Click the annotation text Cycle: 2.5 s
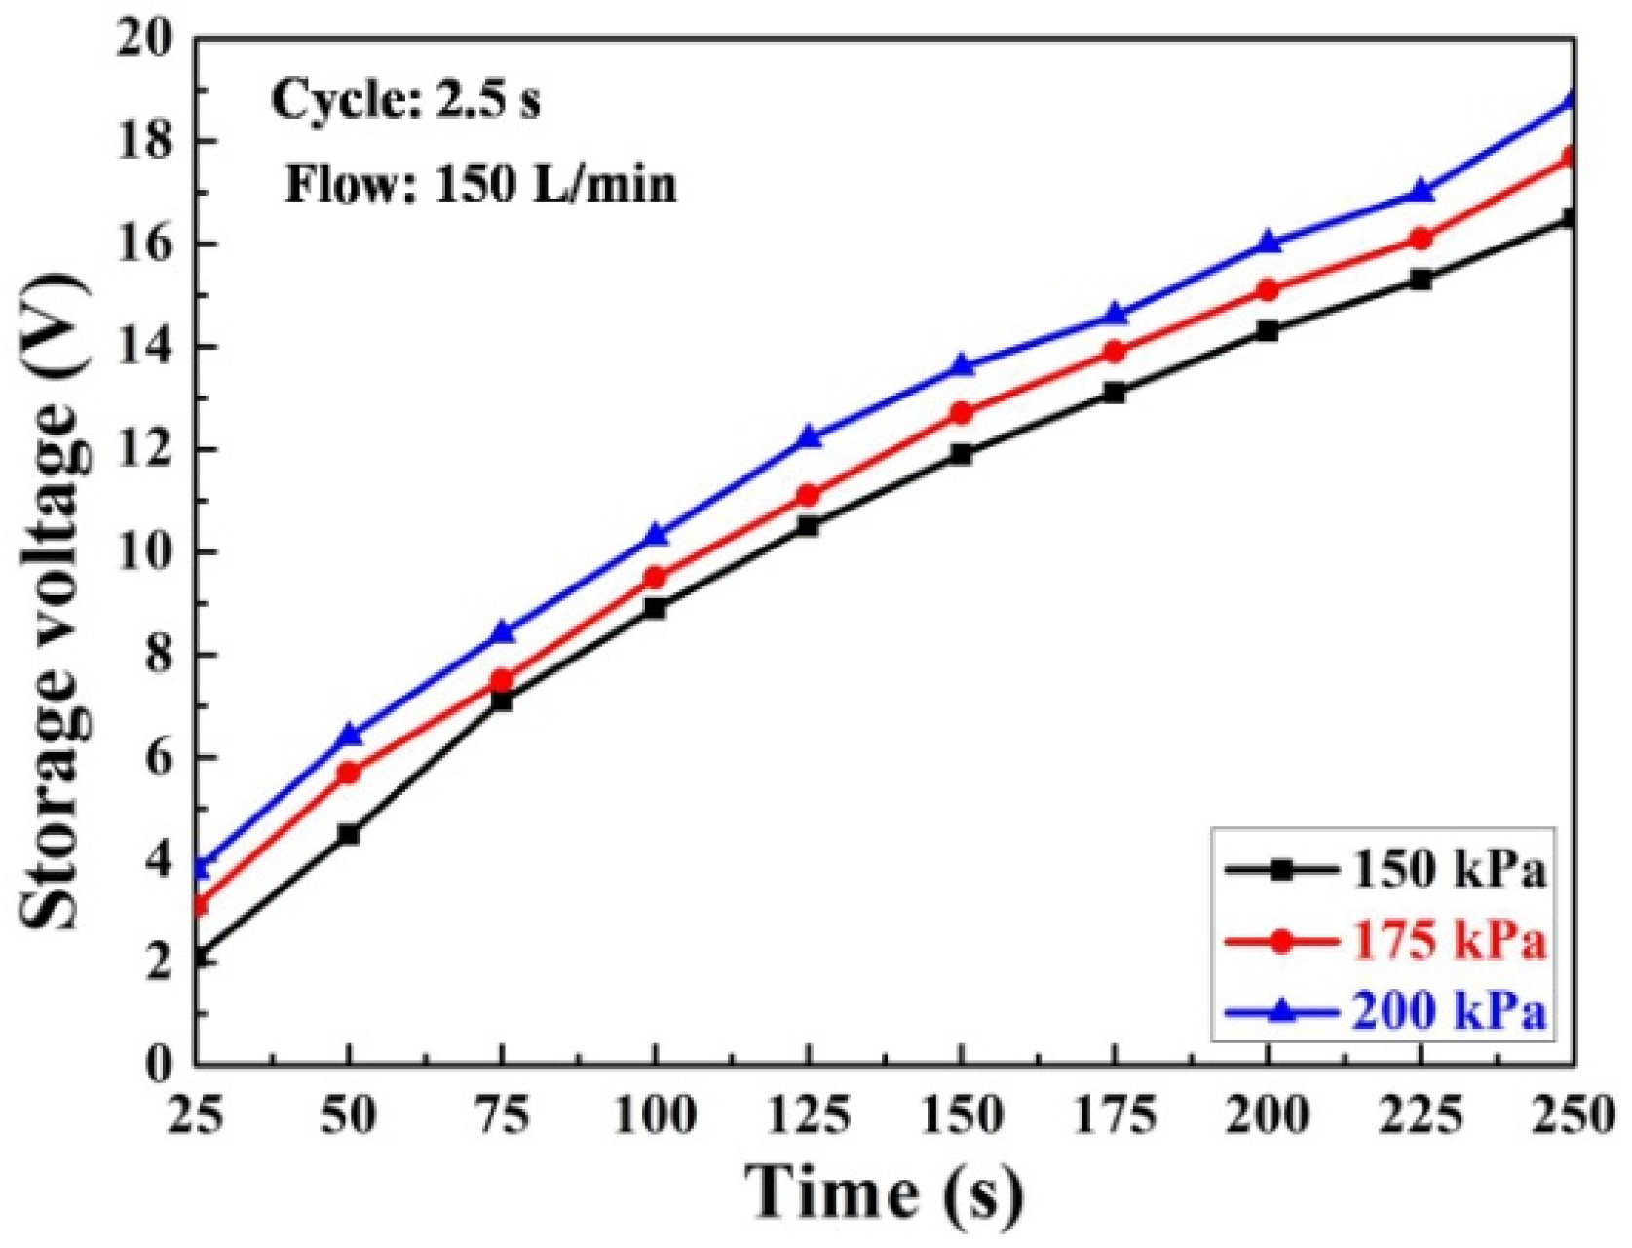(x=405, y=100)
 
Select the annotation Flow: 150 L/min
(x=480, y=184)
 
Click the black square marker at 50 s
(x=348, y=834)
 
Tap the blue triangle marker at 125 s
(x=808, y=436)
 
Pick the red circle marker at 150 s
(x=961, y=413)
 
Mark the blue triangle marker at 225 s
(x=1421, y=191)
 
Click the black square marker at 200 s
(x=1268, y=331)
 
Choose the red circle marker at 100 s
(x=655, y=578)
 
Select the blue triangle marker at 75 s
(x=502, y=631)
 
